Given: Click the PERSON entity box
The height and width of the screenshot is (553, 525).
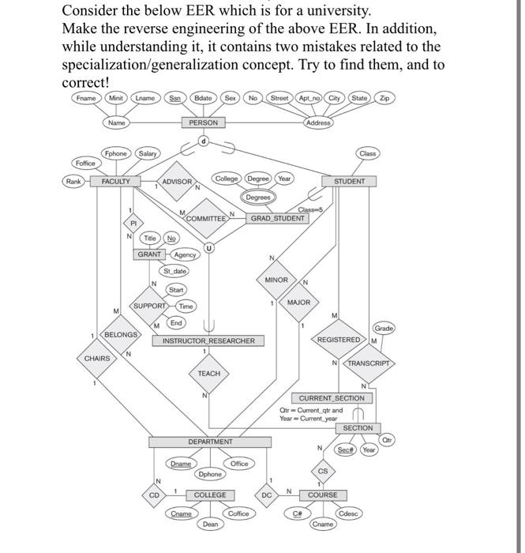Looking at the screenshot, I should (204, 122).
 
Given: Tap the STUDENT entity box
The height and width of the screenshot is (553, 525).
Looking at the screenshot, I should (349, 181).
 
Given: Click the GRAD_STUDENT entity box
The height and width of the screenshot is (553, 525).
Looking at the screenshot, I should (278, 217).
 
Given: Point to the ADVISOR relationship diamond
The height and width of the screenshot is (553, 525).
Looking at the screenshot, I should (177, 182).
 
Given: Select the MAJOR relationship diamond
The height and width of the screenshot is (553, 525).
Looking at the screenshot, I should (298, 303).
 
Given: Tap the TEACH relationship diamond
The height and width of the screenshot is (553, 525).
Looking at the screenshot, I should (209, 373).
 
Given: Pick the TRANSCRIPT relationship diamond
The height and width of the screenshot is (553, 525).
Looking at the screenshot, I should (369, 363).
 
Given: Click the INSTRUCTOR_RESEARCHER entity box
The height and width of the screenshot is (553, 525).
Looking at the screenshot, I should (208, 341).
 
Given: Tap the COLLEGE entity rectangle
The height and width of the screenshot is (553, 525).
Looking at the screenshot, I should (210, 495).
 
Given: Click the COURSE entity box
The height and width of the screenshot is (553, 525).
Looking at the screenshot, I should (322, 495).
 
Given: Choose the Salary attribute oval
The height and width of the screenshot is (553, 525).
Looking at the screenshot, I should (147, 152).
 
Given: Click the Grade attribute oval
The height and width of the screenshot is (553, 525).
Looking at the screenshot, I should (384, 327).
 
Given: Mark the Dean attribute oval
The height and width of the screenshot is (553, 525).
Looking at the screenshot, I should (210, 524).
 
